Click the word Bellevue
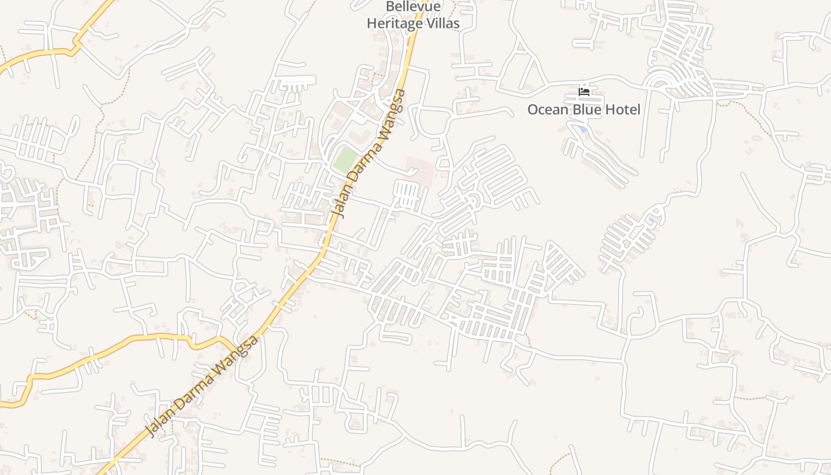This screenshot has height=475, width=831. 413,7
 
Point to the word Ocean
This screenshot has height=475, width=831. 547,110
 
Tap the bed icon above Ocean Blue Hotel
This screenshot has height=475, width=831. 584,92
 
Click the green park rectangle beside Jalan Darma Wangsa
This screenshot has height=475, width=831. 345,160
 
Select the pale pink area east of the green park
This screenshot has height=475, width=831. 419,169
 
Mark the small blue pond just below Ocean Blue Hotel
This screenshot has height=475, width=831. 583,129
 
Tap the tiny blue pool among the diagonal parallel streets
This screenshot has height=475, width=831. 651,221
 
